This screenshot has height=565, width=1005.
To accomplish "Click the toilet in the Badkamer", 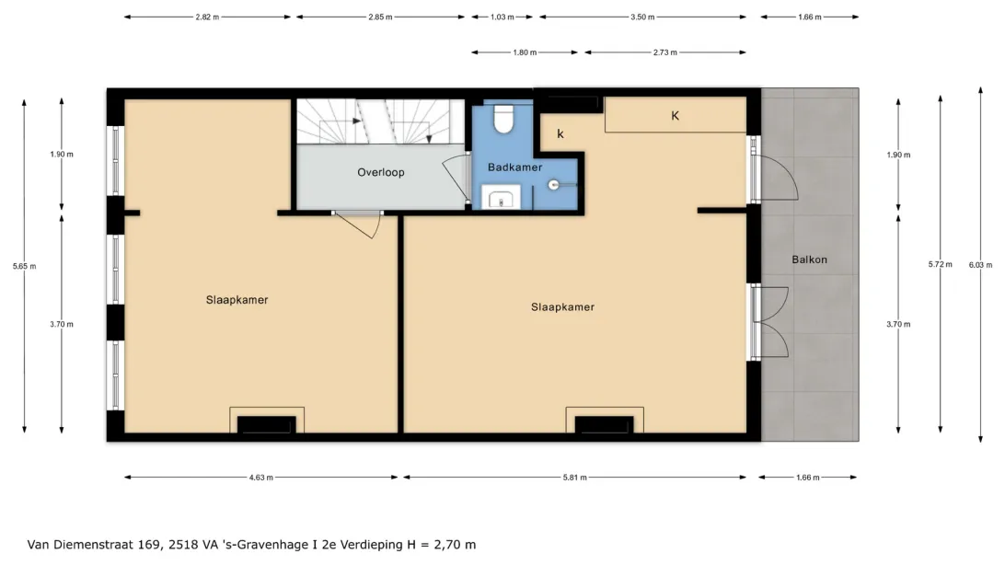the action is click(503, 119).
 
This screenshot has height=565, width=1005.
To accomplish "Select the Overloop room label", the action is click(381, 172).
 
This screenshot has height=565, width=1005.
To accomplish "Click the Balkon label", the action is click(809, 259).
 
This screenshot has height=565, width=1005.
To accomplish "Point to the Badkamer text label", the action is click(514, 167).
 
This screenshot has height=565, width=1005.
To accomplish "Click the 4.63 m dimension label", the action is click(260, 478).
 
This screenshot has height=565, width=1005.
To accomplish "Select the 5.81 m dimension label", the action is click(574, 478).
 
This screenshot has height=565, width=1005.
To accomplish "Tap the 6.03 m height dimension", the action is click(980, 265).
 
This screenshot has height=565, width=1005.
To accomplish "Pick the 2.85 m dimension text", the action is click(380, 17).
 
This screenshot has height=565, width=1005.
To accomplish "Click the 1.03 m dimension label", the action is click(502, 17).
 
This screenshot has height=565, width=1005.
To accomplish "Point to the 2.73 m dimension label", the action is click(664, 52).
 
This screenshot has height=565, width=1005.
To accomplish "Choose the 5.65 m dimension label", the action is click(24, 267).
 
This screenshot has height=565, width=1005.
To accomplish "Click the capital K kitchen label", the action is click(675, 116).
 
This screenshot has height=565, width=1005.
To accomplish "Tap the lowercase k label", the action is click(560, 133).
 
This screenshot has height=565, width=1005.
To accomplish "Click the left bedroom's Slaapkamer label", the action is click(237, 300).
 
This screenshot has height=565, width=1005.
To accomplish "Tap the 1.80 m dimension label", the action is click(525, 52).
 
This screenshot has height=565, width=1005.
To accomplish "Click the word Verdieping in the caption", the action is click(372, 545).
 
